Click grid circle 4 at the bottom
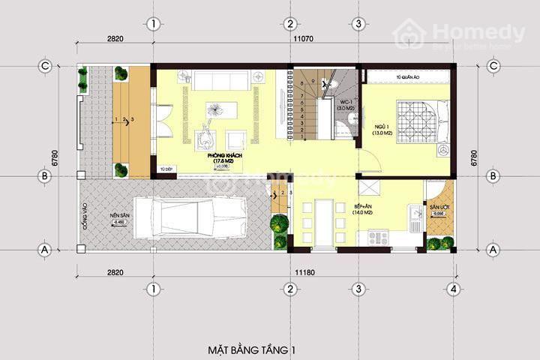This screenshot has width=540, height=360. click(454, 289)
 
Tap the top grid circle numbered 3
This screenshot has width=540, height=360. click(358, 24)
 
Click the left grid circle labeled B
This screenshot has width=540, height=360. click(45, 176)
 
